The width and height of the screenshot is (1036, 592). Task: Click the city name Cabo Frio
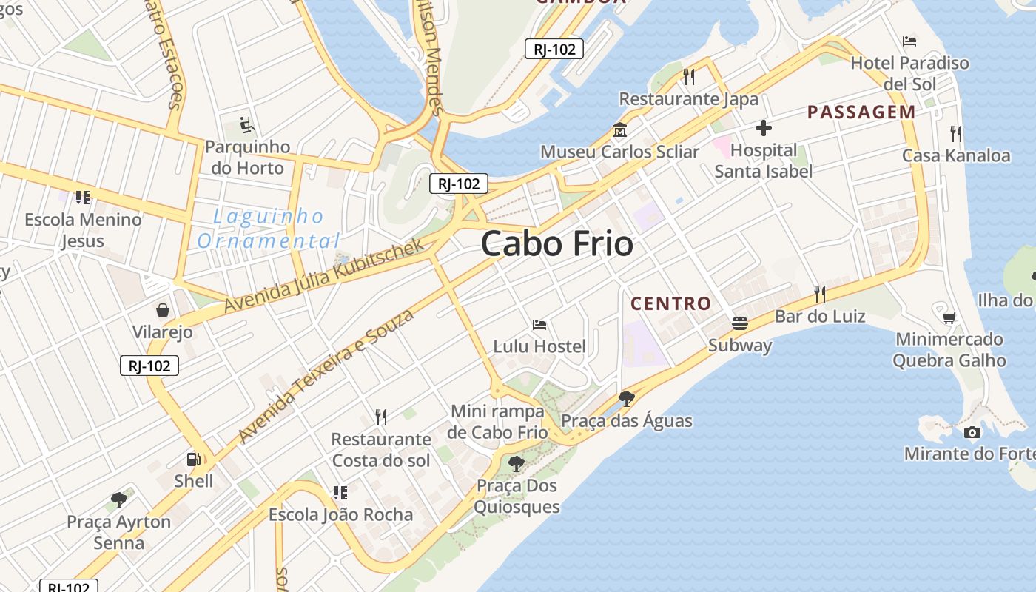click(x=557, y=244)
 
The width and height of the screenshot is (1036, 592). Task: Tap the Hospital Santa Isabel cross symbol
click(x=764, y=129)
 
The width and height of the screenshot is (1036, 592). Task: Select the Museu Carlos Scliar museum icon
click(x=619, y=130)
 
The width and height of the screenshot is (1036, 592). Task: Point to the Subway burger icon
click(x=739, y=323)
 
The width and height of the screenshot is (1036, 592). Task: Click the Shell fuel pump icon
click(x=193, y=460)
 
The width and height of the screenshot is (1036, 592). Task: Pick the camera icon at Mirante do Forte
click(x=972, y=432)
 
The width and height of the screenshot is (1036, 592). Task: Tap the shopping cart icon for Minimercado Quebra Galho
click(x=949, y=317)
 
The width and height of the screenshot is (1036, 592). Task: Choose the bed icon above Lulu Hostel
click(x=539, y=324)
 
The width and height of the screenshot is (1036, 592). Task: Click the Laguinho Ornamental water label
click(x=268, y=229)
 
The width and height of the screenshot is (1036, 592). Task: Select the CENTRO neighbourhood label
click(x=670, y=303)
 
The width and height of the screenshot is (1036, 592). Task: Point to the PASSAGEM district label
click(x=861, y=112)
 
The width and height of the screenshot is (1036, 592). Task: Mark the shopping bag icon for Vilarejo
click(x=162, y=309)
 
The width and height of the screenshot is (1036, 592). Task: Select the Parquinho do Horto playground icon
click(x=246, y=125)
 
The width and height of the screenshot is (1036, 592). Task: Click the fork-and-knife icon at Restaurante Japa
click(x=689, y=76)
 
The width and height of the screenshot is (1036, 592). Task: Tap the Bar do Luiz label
click(x=820, y=317)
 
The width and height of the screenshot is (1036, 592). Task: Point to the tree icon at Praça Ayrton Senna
click(x=118, y=500)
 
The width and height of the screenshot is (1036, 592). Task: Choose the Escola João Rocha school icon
click(x=340, y=492)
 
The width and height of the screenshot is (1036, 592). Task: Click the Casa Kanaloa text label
click(x=956, y=155)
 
